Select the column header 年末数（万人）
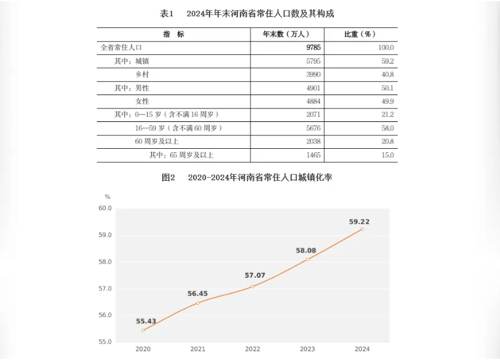(x=286, y=34)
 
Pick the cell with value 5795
(x=313, y=61)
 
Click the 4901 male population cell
(x=313, y=88)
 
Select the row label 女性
(x=142, y=102)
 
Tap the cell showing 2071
(x=313, y=115)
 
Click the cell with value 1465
(x=313, y=155)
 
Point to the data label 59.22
(x=359, y=221)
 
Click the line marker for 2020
(x=143, y=330)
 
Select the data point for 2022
(x=253, y=286)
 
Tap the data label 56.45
(x=198, y=293)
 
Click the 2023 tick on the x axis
(x=307, y=349)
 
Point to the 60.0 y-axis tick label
(x=105, y=208)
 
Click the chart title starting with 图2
(x=247, y=177)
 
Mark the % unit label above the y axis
(x=107, y=197)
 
